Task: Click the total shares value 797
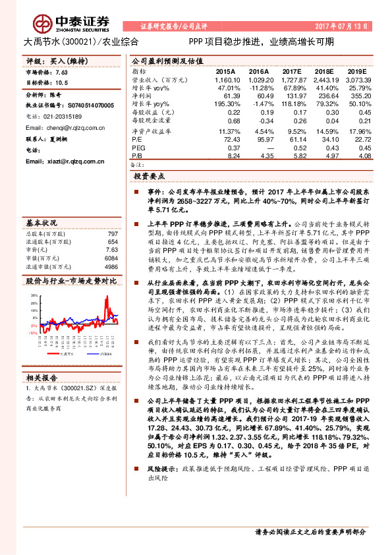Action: pos(113,234)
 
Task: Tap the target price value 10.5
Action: pos(64,82)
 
